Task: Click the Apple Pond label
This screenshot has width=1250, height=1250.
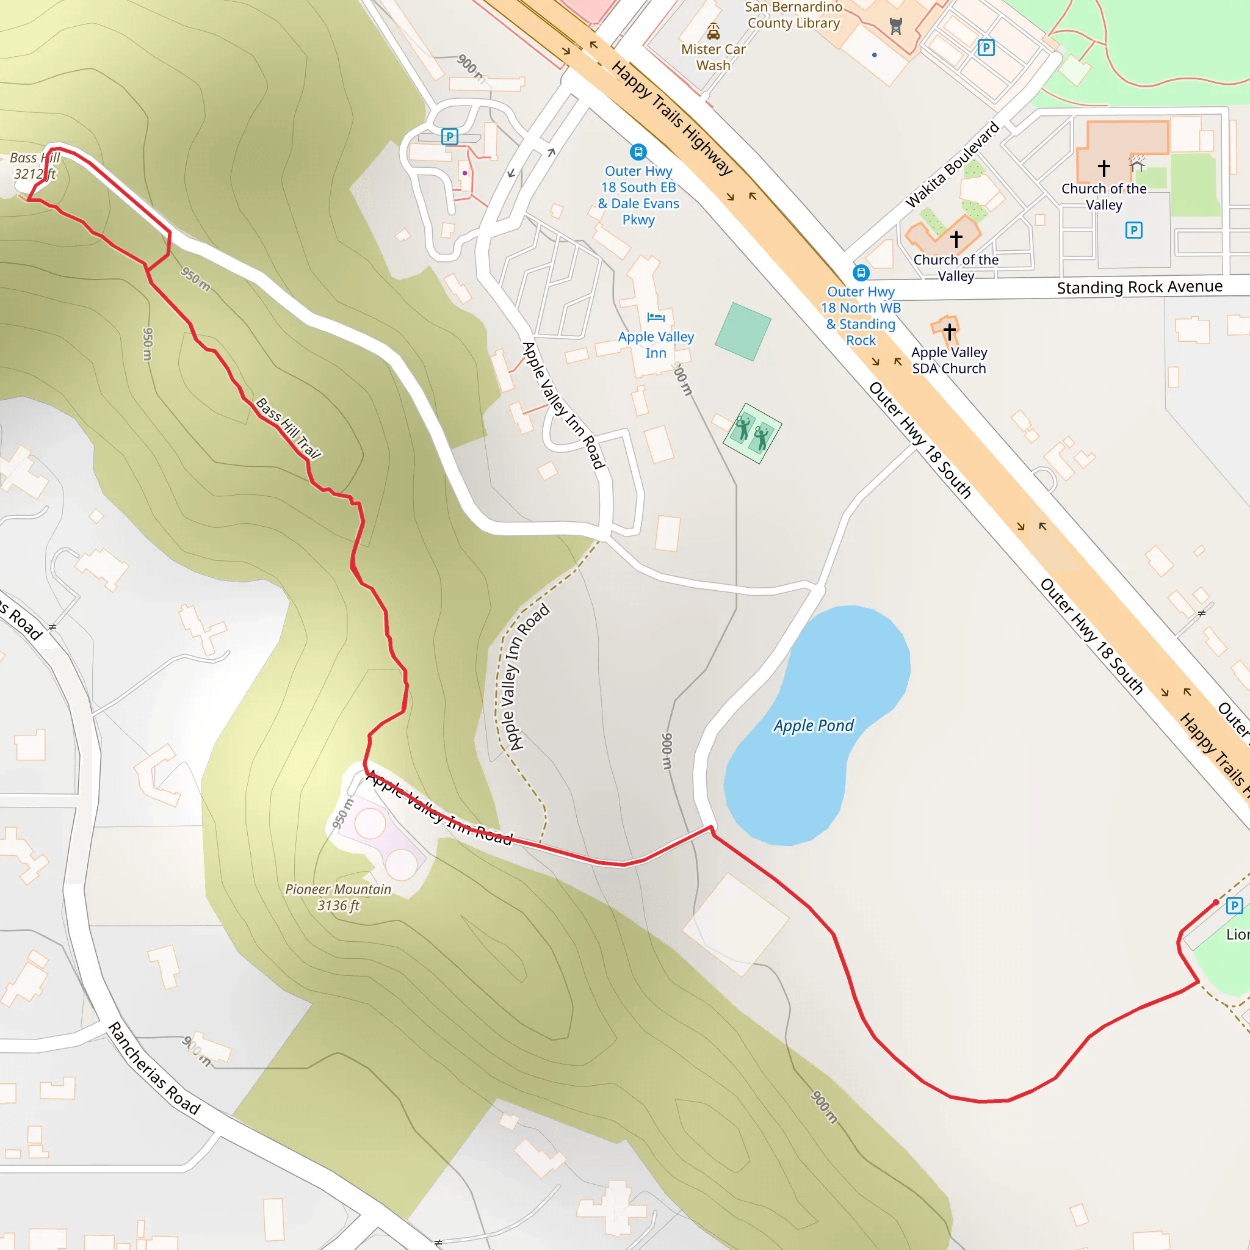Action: coord(813,725)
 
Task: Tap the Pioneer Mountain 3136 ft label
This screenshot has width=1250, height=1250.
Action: coord(338,897)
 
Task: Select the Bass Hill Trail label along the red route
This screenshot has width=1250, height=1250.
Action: coord(288,428)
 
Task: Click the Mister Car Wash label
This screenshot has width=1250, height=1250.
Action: coord(713,57)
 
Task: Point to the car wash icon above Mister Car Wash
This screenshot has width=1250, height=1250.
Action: coord(713,31)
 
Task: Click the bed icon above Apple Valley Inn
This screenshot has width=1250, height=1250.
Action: coord(656,317)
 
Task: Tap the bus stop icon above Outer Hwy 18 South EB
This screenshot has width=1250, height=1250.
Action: coord(638,152)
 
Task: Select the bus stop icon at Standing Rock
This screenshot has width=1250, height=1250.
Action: coord(861,272)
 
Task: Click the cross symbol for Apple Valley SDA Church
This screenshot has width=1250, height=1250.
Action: coord(949,331)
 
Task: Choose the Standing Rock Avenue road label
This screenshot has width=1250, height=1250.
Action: coord(1140,287)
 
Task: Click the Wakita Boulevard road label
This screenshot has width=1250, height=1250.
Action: coord(952,164)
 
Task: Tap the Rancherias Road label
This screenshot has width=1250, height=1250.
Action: coord(154,1068)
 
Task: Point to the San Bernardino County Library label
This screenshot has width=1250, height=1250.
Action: coord(793,15)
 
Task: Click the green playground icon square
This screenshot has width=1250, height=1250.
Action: coord(753,433)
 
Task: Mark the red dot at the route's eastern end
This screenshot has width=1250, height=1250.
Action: coord(1216,902)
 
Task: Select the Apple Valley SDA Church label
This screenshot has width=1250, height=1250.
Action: coord(949,360)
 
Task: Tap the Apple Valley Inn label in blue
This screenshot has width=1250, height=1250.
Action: coord(656,345)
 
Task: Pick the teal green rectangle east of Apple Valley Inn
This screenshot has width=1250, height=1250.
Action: coord(743,331)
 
